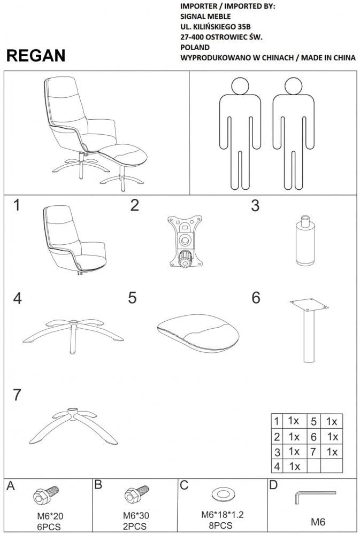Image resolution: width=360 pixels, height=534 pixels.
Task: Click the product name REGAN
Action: (x=36, y=56)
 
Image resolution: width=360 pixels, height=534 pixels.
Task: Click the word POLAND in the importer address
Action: (x=195, y=48)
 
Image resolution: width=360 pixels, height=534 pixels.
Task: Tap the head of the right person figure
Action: (x=294, y=86)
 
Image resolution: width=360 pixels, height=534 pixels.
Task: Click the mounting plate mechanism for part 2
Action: (x=185, y=241)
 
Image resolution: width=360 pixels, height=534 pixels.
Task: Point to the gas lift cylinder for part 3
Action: (x=305, y=240)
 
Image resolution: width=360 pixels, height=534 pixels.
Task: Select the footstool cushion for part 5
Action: (x=198, y=332)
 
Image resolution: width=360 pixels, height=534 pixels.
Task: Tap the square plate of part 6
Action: (x=309, y=305)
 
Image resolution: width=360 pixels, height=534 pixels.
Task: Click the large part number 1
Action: (x=17, y=205)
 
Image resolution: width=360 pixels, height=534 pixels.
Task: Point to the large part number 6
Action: (x=256, y=297)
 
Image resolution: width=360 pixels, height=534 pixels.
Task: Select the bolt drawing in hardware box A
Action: (x=46, y=495)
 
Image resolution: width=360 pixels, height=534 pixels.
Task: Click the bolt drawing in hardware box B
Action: (x=136, y=494)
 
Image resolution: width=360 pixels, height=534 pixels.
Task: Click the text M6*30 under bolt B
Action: (x=136, y=515)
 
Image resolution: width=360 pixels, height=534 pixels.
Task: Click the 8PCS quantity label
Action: (x=221, y=525)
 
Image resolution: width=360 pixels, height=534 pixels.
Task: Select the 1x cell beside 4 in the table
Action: (x=295, y=466)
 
